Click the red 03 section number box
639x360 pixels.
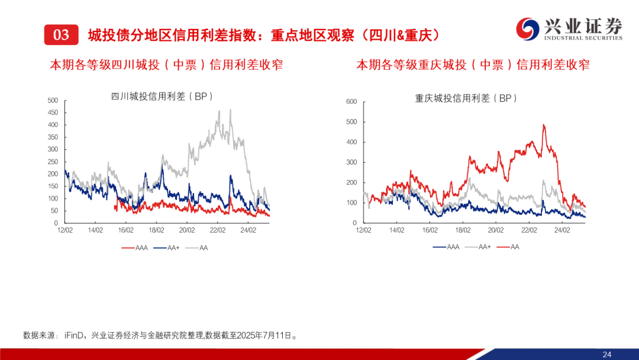(61, 35)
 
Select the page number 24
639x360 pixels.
(606, 354)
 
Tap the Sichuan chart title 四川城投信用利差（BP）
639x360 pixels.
(162, 97)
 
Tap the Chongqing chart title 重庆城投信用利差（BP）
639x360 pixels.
(466, 98)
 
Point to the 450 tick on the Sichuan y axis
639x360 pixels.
(53, 112)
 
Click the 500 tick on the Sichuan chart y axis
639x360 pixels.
(53, 100)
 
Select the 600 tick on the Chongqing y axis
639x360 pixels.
(351, 102)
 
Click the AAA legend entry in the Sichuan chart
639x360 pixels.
(134, 247)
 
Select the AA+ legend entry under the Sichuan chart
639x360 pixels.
(166, 247)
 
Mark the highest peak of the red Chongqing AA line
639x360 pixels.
(544, 125)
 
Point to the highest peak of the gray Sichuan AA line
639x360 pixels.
(221, 110)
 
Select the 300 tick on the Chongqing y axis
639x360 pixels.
(351, 162)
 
